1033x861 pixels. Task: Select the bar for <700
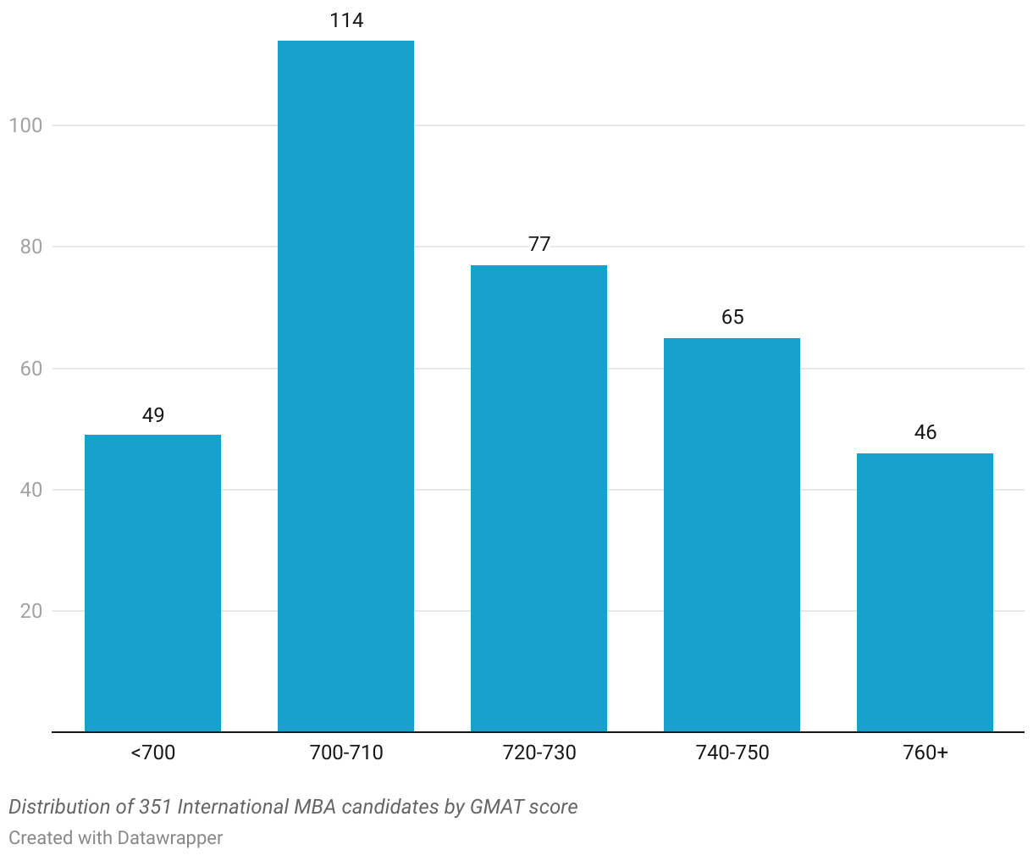coord(152,583)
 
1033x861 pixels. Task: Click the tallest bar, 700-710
coord(345,386)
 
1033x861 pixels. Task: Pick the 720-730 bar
coord(539,498)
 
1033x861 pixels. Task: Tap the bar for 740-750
coord(732,535)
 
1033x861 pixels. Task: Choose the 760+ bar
coord(925,592)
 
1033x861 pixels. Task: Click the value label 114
coord(346,20)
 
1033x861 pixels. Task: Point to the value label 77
coord(539,244)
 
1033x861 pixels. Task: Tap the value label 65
coord(732,317)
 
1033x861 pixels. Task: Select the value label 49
coord(153,415)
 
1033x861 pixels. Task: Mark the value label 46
coord(925,432)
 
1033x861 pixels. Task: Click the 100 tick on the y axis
coord(25,125)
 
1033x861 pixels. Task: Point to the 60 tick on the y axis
coord(31,369)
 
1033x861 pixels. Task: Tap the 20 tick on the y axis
coord(31,611)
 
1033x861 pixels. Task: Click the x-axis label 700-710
coord(346,753)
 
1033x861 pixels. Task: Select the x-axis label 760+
coord(925,753)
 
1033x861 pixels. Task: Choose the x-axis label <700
coord(153,753)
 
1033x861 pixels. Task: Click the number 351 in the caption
coord(155,807)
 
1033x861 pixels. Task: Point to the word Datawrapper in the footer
coord(170,838)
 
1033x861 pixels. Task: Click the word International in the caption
coord(232,807)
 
